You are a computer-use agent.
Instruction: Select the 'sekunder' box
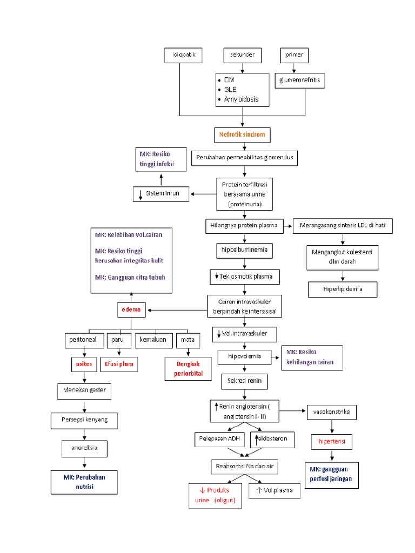(243, 55)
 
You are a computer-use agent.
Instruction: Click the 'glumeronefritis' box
(300, 81)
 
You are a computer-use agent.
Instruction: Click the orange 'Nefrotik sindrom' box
(243, 134)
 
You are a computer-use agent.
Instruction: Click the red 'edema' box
(131, 309)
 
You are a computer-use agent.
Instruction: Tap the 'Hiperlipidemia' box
(343, 289)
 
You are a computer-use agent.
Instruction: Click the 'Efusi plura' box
(119, 365)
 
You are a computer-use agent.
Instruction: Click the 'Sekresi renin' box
(244, 381)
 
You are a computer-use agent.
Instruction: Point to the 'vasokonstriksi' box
(331, 412)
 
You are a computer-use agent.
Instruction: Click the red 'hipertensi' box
(331, 442)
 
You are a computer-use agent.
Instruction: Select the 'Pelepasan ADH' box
(219, 440)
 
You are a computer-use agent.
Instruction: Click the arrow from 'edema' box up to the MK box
(131, 298)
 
